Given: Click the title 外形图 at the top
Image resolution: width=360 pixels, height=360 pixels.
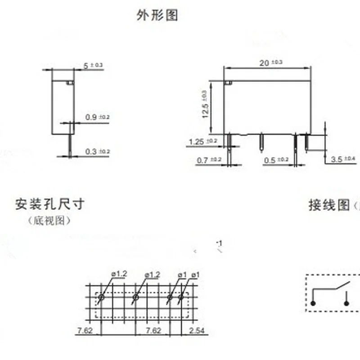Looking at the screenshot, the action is [157, 15].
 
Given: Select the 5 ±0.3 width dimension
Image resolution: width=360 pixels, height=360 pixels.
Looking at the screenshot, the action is [93, 66].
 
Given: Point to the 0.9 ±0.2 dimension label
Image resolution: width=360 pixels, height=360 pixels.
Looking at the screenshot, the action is [97, 117].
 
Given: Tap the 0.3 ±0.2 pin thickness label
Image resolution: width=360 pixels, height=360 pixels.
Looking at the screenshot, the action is [97, 152].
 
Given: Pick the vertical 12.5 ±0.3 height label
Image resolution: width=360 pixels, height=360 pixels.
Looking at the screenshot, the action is [205, 104].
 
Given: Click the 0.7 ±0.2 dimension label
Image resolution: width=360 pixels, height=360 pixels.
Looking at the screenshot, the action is [209, 160].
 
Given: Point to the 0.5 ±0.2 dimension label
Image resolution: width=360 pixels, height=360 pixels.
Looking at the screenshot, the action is [276, 160].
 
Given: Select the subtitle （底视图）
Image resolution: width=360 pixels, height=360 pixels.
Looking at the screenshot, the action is [49, 220].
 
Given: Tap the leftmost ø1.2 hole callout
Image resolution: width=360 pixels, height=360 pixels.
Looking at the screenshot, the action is [119, 274].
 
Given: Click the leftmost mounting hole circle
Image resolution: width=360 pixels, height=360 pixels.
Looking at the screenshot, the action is [101, 297].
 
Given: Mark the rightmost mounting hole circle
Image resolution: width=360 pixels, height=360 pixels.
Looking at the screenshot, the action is [181, 297].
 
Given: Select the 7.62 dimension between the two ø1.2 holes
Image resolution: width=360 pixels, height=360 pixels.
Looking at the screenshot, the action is [153, 331].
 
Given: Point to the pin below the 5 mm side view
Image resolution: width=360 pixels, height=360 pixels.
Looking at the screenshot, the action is [71, 145].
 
